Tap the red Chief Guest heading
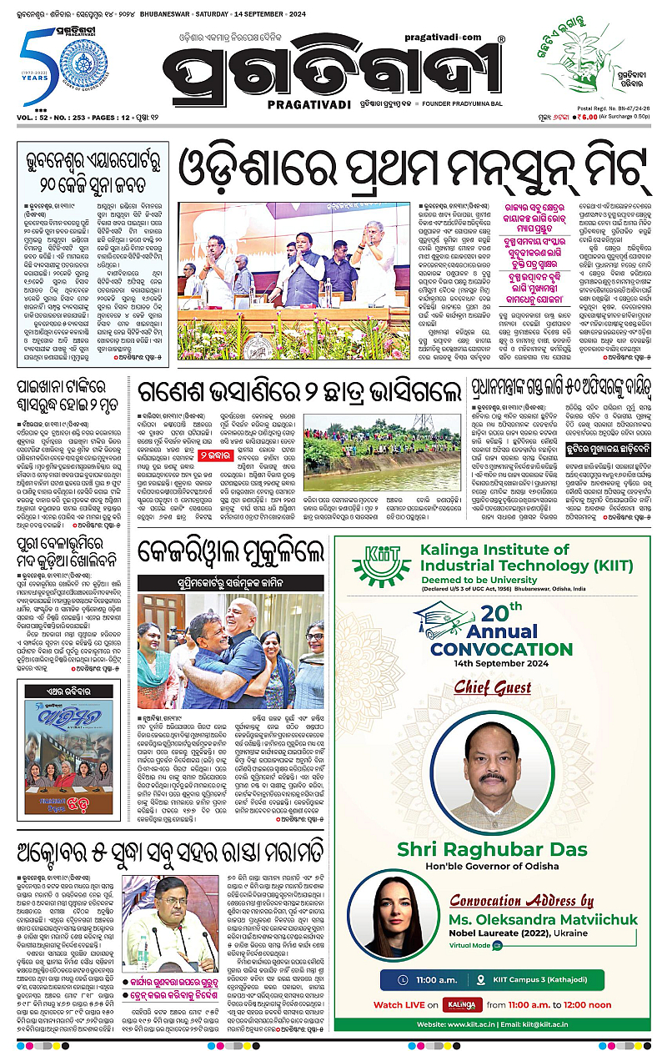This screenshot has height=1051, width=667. pyautogui.click(x=492, y=688)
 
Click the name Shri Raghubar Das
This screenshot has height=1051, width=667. pyautogui.click(x=492, y=850)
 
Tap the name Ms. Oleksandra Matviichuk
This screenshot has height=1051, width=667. pyautogui.click(x=544, y=919)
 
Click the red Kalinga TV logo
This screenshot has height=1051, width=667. pyautogui.click(x=461, y=1004)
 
